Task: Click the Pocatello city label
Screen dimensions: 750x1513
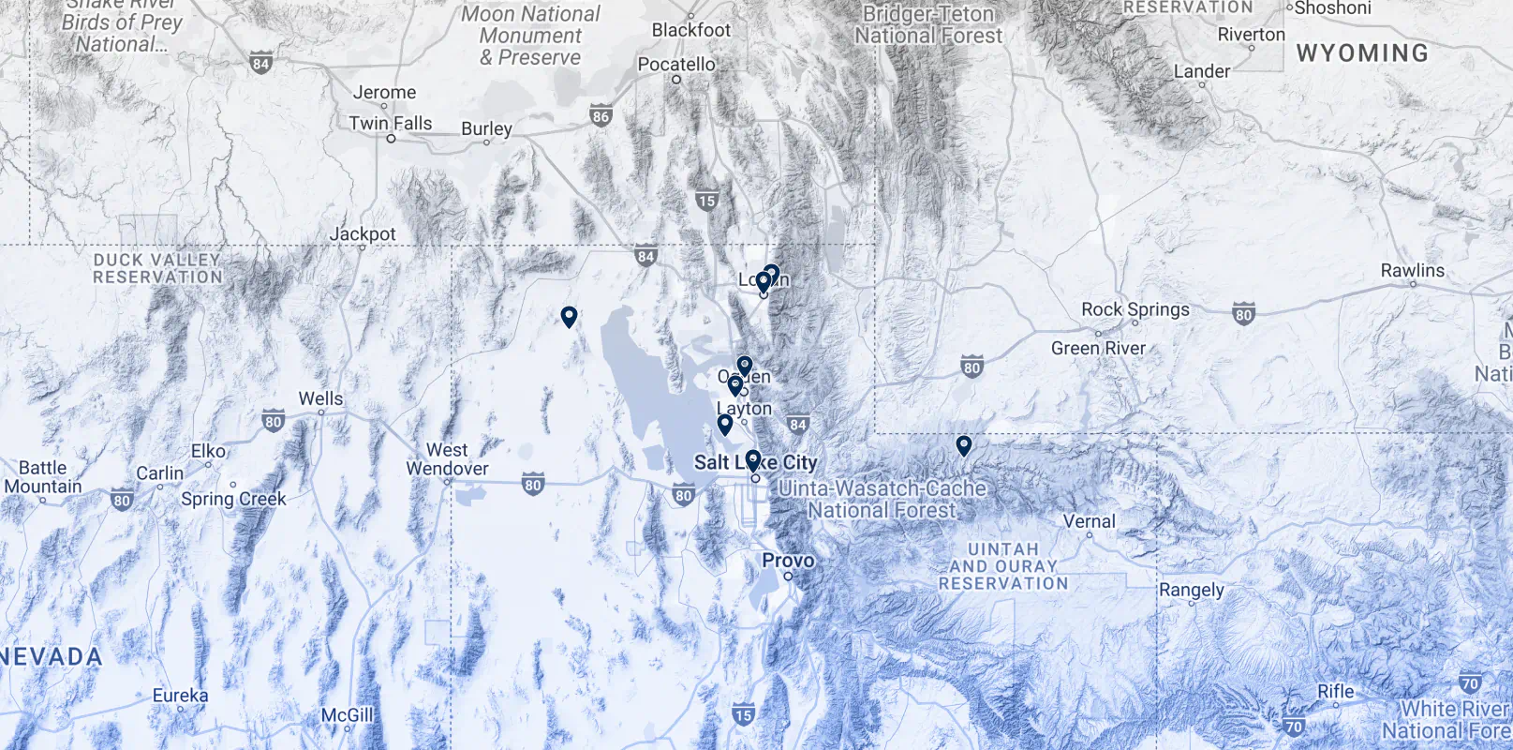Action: click(x=675, y=64)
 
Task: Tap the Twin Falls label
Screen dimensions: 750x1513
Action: click(x=390, y=123)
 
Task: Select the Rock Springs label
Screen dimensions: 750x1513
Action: click(x=1135, y=309)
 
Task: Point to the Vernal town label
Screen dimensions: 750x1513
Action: click(x=1089, y=521)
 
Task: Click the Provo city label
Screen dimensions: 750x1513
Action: click(x=787, y=560)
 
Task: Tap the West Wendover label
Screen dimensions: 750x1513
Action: click(x=447, y=459)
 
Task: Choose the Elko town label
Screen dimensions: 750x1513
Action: click(x=208, y=451)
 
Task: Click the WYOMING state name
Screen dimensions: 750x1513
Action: click(x=1362, y=53)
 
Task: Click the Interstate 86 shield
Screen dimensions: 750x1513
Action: click(x=601, y=117)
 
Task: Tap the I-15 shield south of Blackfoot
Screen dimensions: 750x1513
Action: click(x=706, y=201)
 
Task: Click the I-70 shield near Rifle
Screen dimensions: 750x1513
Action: click(x=1294, y=727)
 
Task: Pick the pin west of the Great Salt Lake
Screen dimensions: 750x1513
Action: click(x=568, y=316)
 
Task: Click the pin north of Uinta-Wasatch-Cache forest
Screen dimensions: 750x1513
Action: click(x=963, y=444)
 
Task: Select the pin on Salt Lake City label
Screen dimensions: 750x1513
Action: click(x=752, y=459)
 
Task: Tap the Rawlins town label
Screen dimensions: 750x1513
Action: click(x=1412, y=270)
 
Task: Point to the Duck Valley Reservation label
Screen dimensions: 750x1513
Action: click(x=157, y=268)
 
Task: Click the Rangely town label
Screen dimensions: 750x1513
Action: click(x=1191, y=590)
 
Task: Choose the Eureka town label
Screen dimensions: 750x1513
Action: click(x=180, y=695)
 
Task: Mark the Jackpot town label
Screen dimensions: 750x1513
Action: click(x=363, y=233)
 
